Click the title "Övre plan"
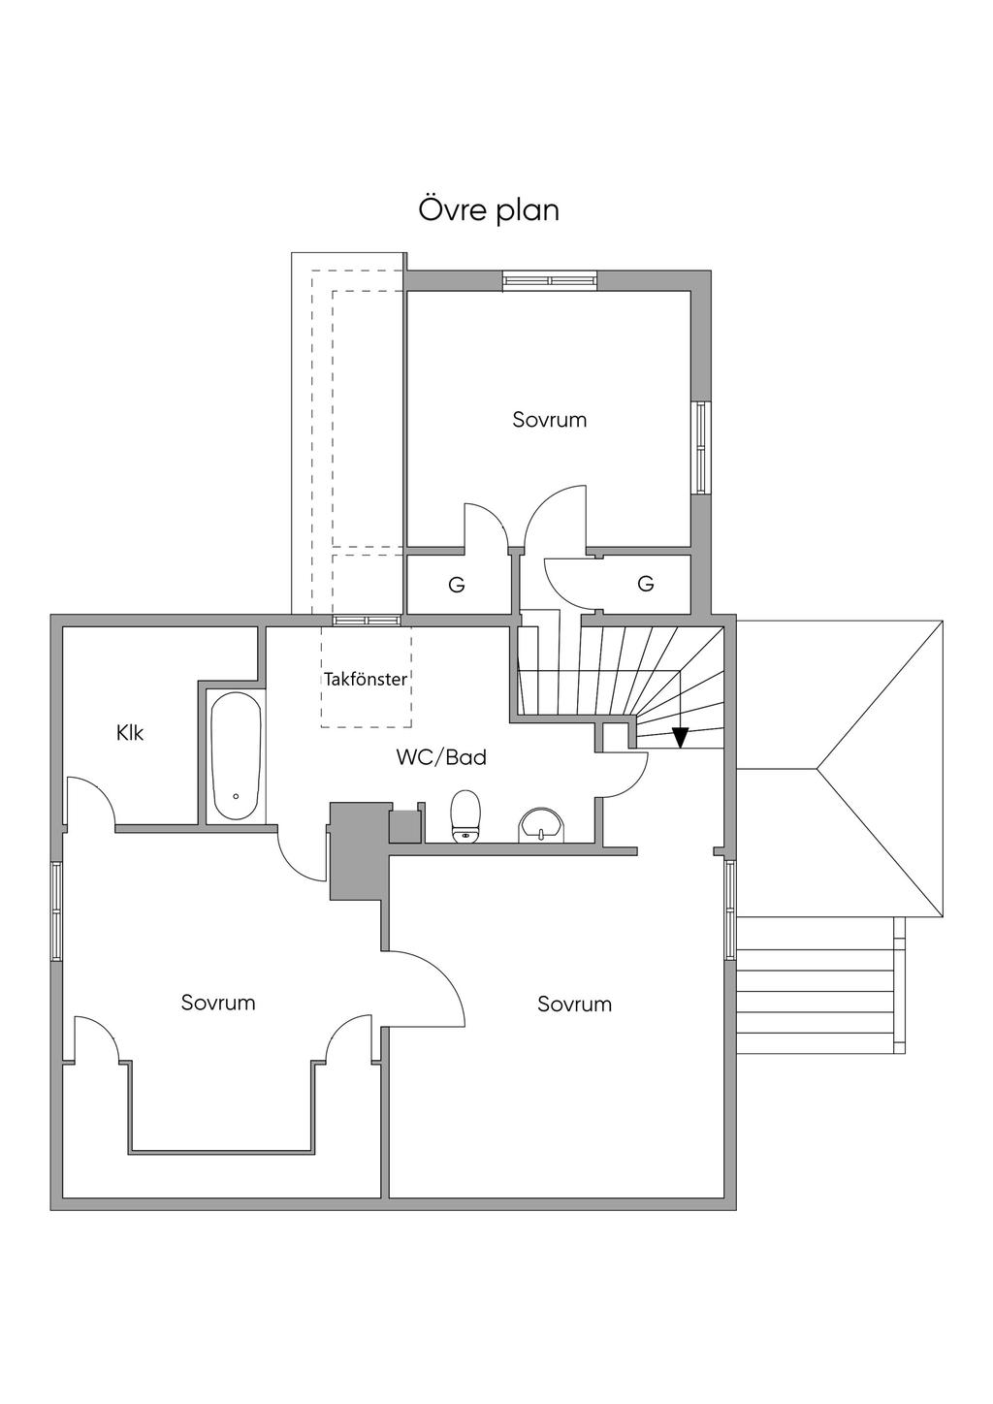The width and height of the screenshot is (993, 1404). tap(489, 209)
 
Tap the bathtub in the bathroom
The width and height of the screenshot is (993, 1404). tap(236, 756)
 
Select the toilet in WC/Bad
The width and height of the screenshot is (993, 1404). tap(466, 815)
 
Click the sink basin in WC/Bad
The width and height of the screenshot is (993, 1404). tap(542, 825)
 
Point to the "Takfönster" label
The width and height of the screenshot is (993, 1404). tap(366, 680)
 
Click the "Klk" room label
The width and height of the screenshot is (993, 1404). tap(130, 733)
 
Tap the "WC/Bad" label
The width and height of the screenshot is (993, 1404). tap(441, 757)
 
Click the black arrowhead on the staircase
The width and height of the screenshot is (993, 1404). tap(681, 738)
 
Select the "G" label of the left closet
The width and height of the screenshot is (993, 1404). tap(456, 585)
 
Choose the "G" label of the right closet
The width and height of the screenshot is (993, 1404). tap(646, 584)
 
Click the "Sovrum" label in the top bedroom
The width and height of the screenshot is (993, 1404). tap(550, 420)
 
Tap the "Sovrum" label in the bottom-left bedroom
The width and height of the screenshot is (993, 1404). tap(218, 1003)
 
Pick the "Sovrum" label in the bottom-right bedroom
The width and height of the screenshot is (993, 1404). tap(575, 1005)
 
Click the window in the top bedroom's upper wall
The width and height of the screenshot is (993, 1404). tap(549, 281)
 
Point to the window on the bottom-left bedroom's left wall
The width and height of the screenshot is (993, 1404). tap(56, 910)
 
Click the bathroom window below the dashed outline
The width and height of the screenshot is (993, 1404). tap(367, 620)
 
